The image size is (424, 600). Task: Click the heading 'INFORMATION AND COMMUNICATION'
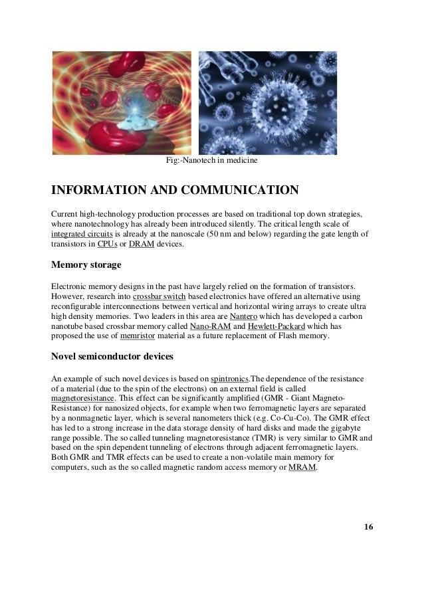175,191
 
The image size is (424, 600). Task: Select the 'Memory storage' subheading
86,265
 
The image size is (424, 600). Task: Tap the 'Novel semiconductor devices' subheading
112,357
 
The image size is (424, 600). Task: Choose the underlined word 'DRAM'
138,245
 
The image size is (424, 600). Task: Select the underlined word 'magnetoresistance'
82,398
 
